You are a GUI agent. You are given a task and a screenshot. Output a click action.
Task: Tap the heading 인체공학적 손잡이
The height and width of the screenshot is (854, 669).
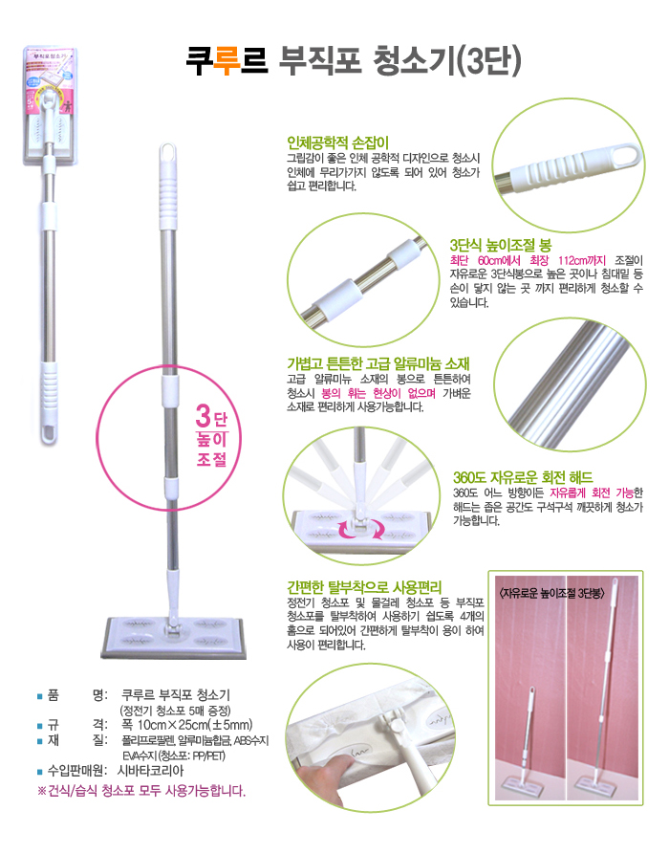[337, 143]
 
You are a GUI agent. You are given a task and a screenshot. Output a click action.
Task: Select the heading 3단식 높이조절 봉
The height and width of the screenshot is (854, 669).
[501, 245]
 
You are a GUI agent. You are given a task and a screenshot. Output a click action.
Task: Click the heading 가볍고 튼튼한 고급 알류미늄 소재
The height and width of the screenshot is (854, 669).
[378, 363]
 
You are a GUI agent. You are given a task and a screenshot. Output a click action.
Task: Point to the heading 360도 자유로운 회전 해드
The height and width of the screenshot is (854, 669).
[523, 477]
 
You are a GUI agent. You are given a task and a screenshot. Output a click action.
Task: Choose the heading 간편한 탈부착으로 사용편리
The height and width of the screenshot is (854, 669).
[364, 587]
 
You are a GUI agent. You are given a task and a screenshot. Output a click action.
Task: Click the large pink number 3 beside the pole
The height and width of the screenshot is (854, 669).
[203, 417]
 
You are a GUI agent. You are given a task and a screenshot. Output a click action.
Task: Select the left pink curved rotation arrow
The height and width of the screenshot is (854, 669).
[346, 529]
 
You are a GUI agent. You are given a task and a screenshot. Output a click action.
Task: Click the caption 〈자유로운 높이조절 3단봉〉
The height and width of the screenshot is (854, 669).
[550, 593]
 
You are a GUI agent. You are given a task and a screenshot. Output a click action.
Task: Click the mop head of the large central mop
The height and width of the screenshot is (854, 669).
[173, 636]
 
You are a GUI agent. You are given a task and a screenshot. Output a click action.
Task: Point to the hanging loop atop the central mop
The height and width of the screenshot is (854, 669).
[168, 152]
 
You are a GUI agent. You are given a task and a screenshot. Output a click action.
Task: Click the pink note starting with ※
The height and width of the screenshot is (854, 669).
[141, 790]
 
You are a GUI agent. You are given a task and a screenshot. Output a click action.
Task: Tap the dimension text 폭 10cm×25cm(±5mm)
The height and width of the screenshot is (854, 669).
[187, 725]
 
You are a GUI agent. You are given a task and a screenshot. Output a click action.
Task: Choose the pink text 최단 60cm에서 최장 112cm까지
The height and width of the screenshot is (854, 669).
[528, 261]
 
